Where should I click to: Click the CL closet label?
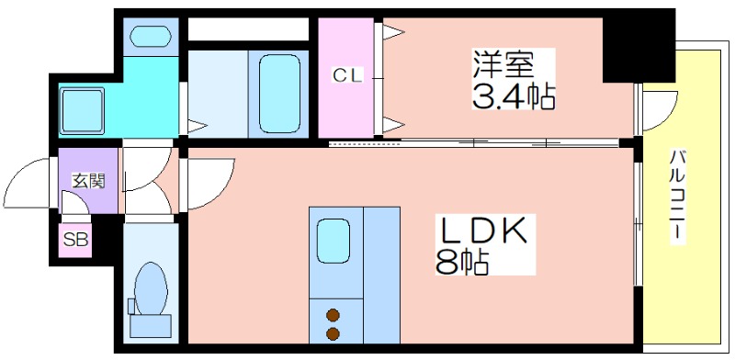tap(347, 76)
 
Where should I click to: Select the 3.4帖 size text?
tap(514, 96)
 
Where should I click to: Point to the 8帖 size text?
tap(463, 262)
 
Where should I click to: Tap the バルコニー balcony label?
tap(677, 197)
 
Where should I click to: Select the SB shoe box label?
tap(75, 240)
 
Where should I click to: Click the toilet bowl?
tap(151, 288)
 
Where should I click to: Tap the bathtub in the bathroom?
tap(279, 94)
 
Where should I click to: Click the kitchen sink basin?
tap(334, 241)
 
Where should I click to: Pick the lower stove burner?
tap(334, 334)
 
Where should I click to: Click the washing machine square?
tap(82, 110)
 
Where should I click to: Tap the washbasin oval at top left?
tap(151, 36)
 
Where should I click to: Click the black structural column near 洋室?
tap(639, 47)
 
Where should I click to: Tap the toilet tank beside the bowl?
tap(131, 306)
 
